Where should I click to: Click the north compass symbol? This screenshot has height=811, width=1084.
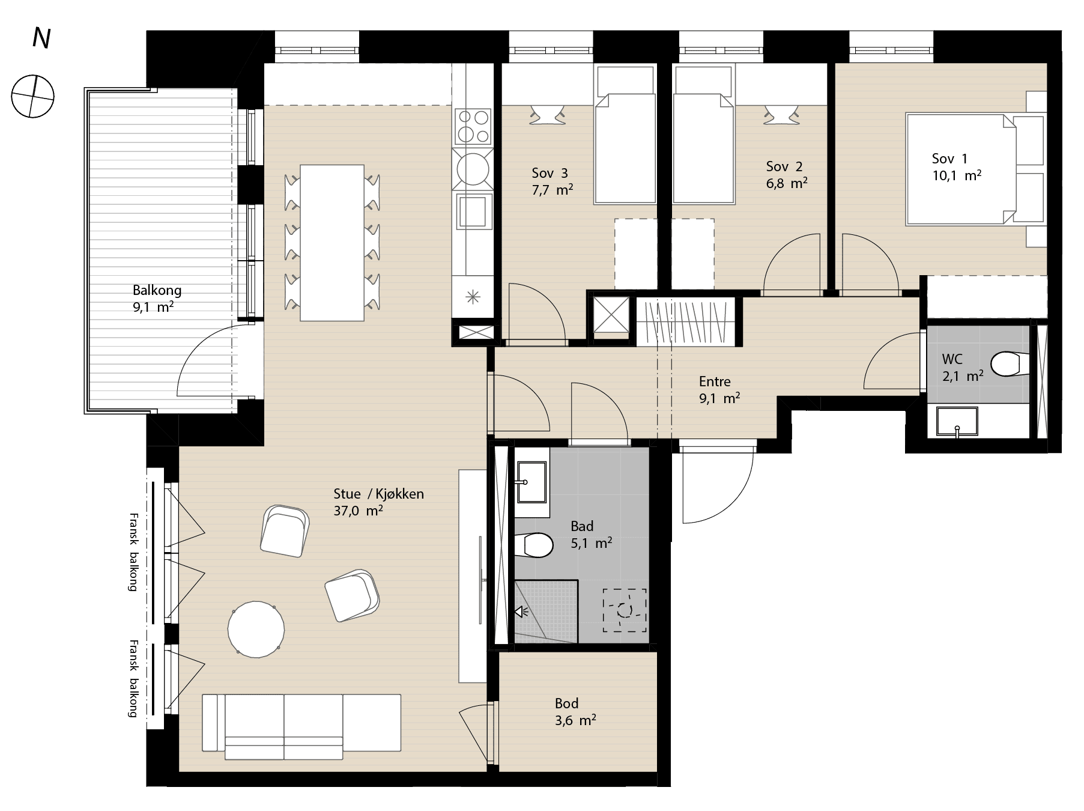tap(34, 96)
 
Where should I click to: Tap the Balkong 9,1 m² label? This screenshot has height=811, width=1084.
tap(157, 299)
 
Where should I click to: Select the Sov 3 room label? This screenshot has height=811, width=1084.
tap(552, 181)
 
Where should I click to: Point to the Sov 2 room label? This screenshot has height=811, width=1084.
tap(786, 175)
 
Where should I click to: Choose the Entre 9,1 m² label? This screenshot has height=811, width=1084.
tap(719, 389)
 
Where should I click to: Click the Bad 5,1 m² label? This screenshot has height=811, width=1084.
tap(591, 535)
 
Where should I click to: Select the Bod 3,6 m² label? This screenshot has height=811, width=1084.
tap(575, 711)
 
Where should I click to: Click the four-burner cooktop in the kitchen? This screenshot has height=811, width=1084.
tap(473, 126)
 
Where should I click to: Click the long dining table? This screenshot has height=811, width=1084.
tap(332, 243)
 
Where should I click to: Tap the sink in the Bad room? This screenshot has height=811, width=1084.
tap(531, 482)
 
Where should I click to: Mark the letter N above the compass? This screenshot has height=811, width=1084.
tap(41, 38)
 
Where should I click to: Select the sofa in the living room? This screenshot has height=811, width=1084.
tap(301, 727)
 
